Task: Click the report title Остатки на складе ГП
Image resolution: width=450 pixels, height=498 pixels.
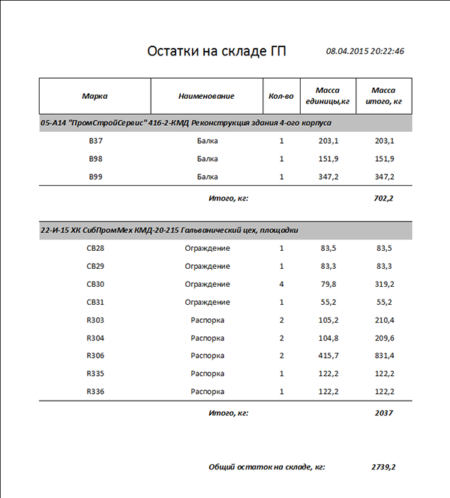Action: (x=217, y=52)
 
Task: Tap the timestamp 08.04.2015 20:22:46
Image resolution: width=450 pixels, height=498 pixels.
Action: (x=365, y=52)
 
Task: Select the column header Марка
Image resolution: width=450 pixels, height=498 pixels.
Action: (x=94, y=96)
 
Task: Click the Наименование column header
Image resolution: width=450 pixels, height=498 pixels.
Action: (x=206, y=96)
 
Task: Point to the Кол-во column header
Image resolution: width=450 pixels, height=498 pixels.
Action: (x=281, y=96)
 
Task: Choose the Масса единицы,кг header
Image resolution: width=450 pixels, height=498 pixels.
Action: (x=328, y=96)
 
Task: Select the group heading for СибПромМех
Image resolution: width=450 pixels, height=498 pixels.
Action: (x=169, y=230)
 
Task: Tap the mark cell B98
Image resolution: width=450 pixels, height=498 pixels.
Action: (x=94, y=159)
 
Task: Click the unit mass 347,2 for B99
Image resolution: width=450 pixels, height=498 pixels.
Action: (x=328, y=177)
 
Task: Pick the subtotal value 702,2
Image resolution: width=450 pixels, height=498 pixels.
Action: (x=384, y=198)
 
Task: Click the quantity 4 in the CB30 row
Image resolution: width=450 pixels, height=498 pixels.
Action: (x=281, y=284)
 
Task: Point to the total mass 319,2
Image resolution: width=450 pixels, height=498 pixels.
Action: (x=384, y=284)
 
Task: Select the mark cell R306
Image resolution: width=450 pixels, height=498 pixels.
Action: (x=95, y=356)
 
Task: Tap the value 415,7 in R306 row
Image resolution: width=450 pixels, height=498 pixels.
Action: (x=328, y=356)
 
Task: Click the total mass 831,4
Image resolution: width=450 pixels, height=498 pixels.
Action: (x=384, y=356)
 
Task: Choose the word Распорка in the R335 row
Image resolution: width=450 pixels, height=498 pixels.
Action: (x=207, y=374)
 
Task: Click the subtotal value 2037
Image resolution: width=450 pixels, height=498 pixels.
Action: (x=384, y=413)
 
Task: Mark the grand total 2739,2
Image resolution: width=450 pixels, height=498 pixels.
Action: (x=383, y=467)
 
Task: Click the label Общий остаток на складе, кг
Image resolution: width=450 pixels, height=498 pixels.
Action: (x=266, y=467)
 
